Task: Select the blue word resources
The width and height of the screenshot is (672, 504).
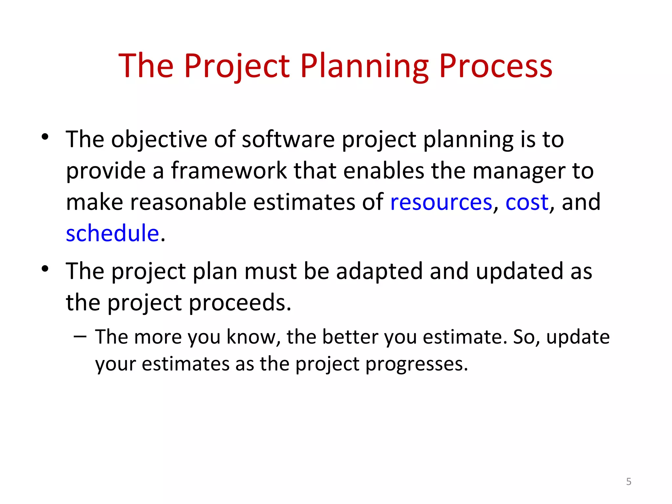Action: click(x=441, y=202)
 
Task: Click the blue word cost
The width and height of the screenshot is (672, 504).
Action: click(x=527, y=202)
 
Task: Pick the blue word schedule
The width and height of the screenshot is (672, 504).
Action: click(x=112, y=233)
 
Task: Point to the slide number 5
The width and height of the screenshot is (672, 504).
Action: click(x=628, y=481)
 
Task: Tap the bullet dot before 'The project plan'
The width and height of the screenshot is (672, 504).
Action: click(x=45, y=269)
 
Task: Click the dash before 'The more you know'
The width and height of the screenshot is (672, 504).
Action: click(x=80, y=336)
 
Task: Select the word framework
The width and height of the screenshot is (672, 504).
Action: click(x=229, y=171)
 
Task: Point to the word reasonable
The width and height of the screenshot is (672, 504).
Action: click(x=188, y=202)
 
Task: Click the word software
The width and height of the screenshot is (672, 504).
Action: click(x=288, y=139)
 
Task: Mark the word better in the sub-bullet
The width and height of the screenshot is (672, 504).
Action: click(x=350, y=337)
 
